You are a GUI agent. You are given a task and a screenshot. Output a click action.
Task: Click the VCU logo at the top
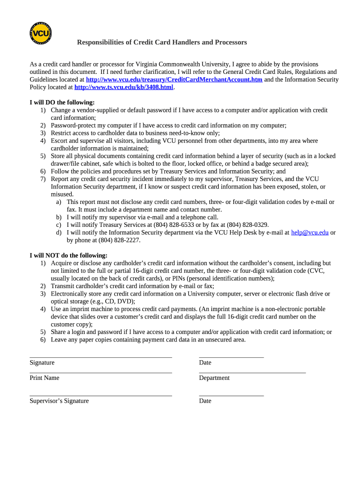click(40, 34)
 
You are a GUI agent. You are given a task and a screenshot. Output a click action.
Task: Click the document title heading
click(162, 43)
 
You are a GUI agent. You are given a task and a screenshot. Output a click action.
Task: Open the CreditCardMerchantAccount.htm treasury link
click(174, 80)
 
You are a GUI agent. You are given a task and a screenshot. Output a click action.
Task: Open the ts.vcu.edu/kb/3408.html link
click(124, 87)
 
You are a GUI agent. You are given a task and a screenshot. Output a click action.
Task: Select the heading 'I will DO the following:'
click(62, 102)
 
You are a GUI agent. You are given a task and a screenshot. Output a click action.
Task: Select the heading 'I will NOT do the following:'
click(69, 255)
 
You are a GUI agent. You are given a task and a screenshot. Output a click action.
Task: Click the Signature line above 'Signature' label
click(101, 357)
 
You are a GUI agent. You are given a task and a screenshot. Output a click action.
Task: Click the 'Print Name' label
click(44, 378)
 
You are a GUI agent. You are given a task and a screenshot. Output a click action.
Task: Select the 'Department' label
click(214, 378)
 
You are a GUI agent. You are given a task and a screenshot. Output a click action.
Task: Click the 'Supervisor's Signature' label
click(59, 401)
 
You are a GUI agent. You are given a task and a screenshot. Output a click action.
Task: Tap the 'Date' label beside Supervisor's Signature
click(205, 401)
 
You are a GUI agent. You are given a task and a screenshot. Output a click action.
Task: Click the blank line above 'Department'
click(252, 372)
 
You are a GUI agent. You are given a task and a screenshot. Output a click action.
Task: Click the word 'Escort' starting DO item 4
click(59, 141)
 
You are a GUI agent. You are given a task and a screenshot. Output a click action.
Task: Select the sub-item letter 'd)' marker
click(59, 232)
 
